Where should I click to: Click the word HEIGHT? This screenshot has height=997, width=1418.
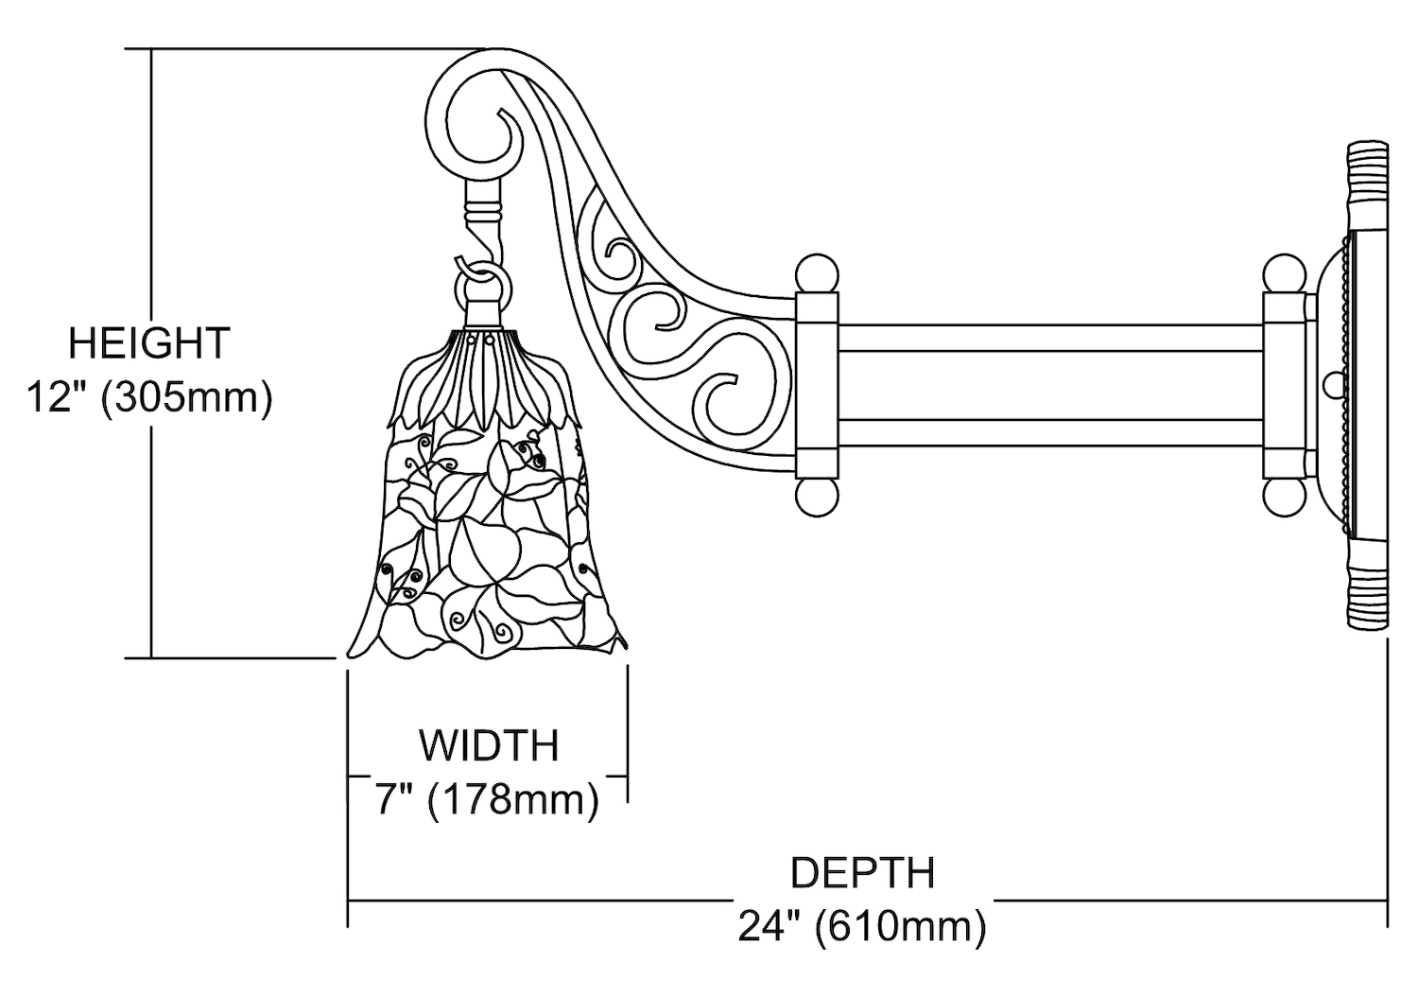[x=149, y=342]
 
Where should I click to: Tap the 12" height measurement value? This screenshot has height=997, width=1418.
[x=61, y=398]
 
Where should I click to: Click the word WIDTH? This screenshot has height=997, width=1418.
[x=490, y=745]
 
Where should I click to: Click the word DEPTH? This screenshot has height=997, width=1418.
[x=862, y=872]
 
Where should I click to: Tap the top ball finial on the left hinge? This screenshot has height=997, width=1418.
[x=817, y=274]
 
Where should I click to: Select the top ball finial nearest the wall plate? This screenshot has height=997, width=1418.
[x=1285, y=274]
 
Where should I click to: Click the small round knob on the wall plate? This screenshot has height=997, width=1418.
[x=1334, y=385]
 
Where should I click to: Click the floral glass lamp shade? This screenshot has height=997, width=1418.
[x=487, y=530]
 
